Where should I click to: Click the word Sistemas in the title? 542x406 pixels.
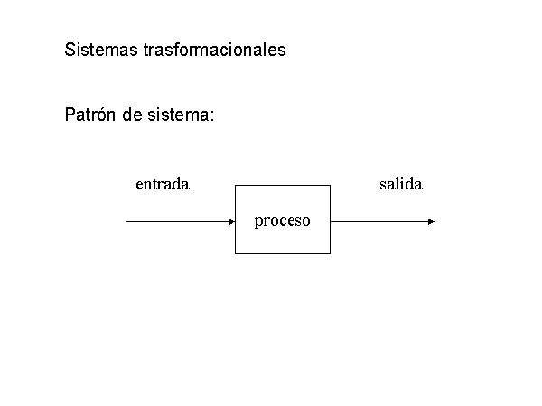point(101,50)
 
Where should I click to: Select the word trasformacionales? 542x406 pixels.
point(214,50)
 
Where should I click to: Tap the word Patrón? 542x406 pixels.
point(90,115)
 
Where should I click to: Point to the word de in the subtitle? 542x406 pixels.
point(132,115)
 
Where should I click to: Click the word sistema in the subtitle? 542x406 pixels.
point(178,115)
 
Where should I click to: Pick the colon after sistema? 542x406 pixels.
point(212,116)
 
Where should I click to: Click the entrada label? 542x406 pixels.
point(163,184)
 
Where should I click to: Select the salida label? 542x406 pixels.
point(401,184)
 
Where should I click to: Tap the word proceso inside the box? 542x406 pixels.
point(283,221)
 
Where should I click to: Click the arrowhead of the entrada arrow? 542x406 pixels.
point(232,222)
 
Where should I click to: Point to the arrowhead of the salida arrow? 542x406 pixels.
point(431,222)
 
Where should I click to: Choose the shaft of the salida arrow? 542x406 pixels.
point(379,222)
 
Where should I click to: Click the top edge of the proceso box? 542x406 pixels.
point(283,186)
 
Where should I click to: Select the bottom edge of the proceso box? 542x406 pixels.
point(283,253)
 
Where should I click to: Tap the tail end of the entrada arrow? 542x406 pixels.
point(126,222)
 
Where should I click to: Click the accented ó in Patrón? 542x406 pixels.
point(101,115)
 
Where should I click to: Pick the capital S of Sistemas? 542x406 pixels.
point(70,50)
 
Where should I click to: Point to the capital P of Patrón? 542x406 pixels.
point(70,115)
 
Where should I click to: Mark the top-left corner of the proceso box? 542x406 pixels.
point(236,186)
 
